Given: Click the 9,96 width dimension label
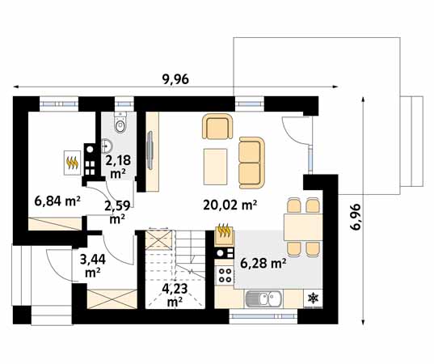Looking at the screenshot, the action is pyautogui.click(x=175, y=79).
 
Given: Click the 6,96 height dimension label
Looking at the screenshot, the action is pyautogui.click(x=355, y=217).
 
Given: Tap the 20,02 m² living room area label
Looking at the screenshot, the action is pyautogui.click(x=230, y=205).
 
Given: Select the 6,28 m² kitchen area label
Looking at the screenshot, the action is pyautogui.click(x=263, y=263).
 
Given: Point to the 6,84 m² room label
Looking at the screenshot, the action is pyautogui.click(x=57, y=201).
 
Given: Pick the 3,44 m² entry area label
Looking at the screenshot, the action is pyautogui.click(x=93, y=266).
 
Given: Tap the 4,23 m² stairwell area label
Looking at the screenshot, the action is pyautogui.click(x=175, y=295).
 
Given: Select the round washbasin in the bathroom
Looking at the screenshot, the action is pyautogui.click(x=107, y=146).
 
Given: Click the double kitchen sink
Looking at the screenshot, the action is pyautogui.click(x=263, y=298).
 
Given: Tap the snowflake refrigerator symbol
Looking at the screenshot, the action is pyautogui.click(x=313, y=298).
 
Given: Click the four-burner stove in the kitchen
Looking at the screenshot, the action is pyautogui.click(x=225, y=274).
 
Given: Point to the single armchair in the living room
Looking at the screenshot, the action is pyautogui.click(x=217, y=126).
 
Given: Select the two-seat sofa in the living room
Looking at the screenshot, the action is pyautogui.click(x=252, y=163).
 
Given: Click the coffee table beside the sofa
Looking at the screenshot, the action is pyautogui.click(x=215, y=167).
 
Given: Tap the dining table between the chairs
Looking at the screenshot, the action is pyautogui.click(x=303, y=227).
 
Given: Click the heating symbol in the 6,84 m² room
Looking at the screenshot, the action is pyautogui.click(x=73, y=163).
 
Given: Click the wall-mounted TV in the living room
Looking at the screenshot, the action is pyautogui.click(x=150, y=150).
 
